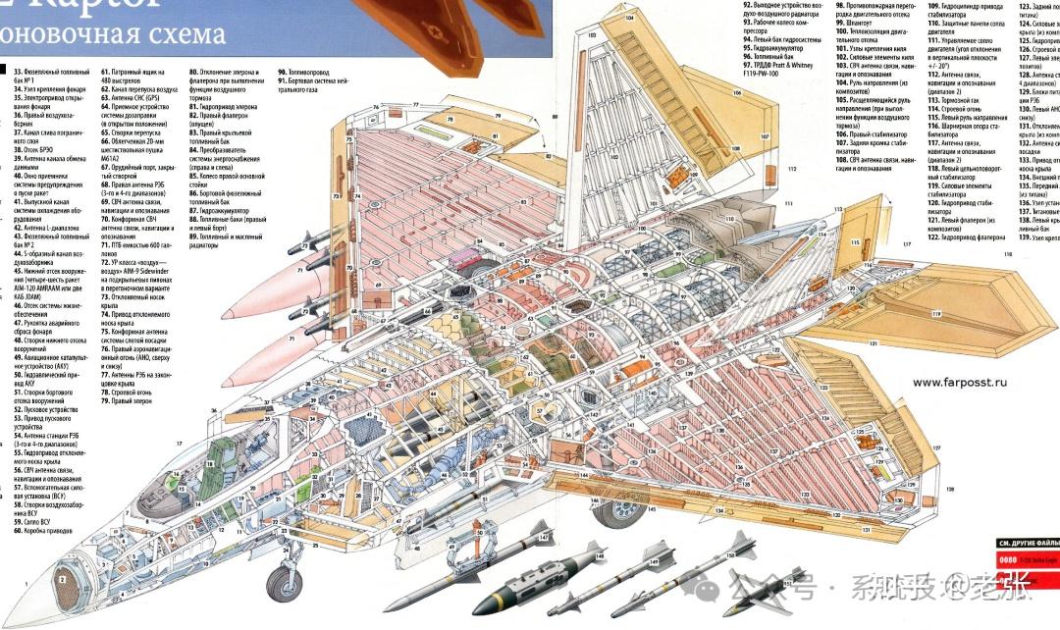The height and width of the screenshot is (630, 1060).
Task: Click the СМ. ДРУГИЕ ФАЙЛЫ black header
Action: [1027, 542]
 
